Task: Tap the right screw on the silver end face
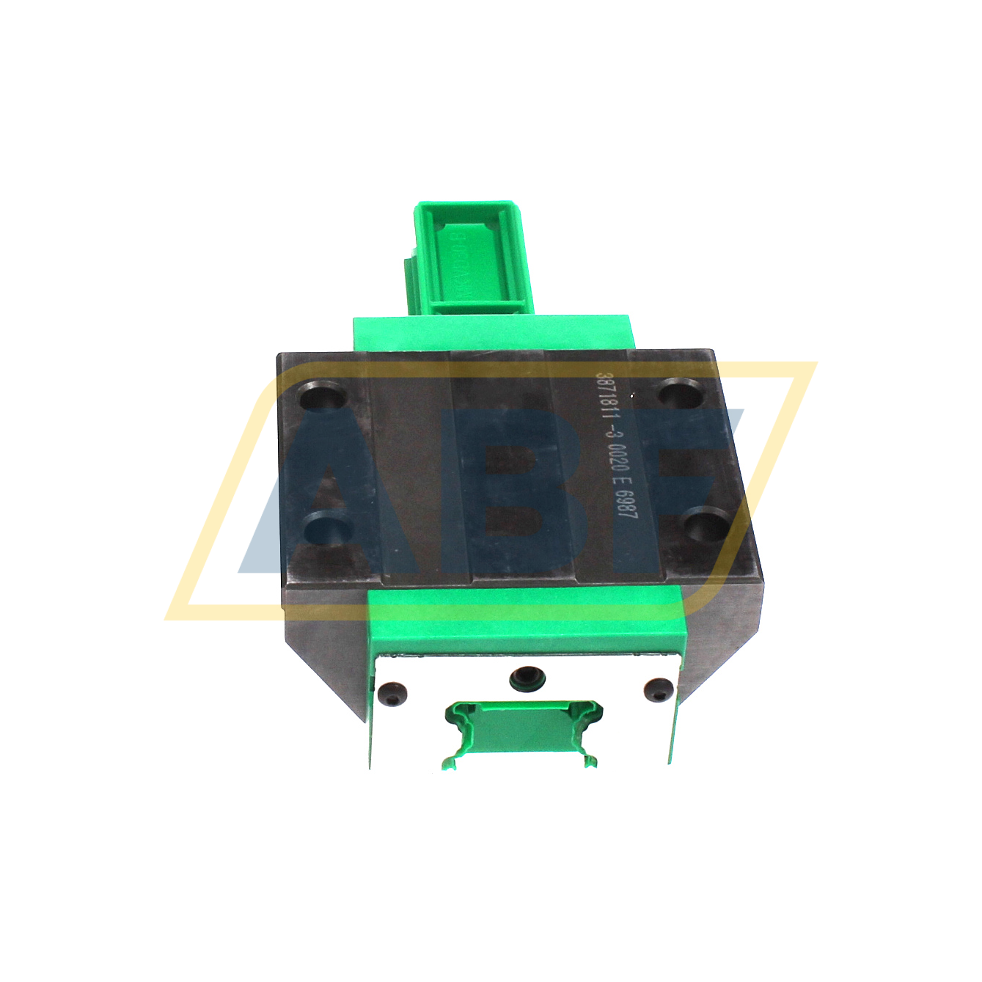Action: pos(658,689)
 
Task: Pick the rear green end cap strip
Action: pos(491,333)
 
